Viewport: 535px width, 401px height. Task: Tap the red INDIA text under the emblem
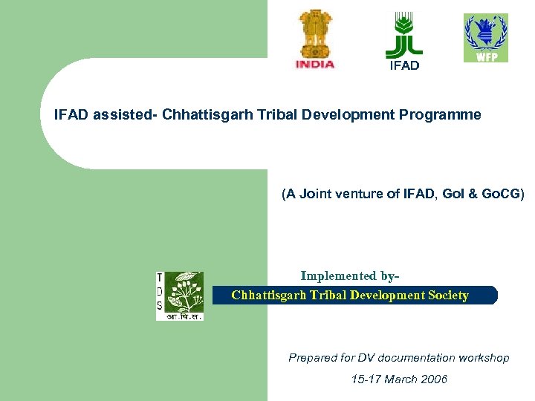tap(315, 64)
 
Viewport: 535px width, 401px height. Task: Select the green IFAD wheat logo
tap(404, 35)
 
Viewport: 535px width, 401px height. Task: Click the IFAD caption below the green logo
tap(404, 65)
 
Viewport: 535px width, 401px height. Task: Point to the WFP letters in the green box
tap(486, 56)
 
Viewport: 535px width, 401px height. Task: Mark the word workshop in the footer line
tap(484, 358)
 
